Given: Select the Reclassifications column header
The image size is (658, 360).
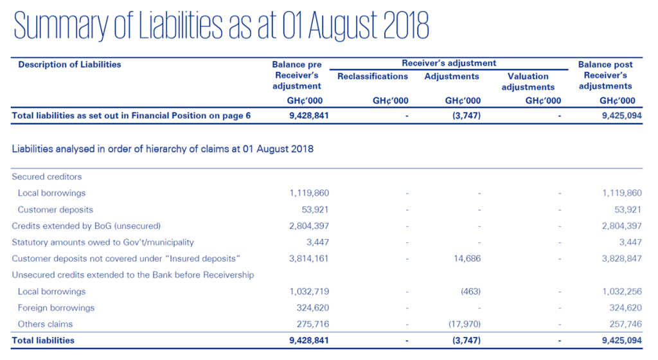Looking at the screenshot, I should (372, 76).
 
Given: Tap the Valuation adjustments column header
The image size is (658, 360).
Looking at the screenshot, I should (528, 82).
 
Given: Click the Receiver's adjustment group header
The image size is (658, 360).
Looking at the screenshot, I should (449, 63).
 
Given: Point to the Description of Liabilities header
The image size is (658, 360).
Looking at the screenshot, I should (69, 64).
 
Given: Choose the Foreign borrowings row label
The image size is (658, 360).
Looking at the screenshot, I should (56, 308).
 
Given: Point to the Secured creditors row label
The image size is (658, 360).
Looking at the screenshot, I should (47, 177).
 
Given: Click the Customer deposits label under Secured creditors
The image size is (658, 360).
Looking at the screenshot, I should (55, 210).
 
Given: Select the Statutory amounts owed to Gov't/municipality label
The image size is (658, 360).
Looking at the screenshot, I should (103, 242).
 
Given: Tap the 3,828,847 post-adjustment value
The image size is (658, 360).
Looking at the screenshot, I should (616, 259).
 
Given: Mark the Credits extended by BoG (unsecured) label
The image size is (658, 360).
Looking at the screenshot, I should (86, 226).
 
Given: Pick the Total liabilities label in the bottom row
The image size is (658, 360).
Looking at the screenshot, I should (43, 341).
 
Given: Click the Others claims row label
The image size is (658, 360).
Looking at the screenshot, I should (45, 325).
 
